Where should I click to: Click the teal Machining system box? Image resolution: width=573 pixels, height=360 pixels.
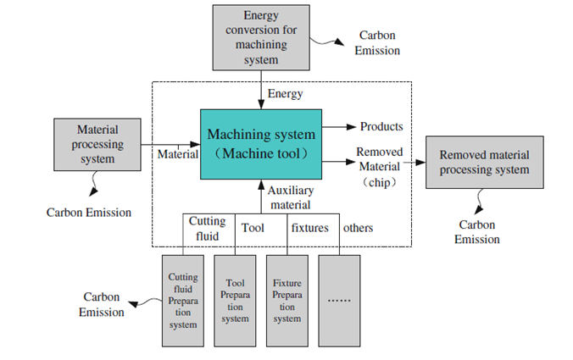pos(260,143)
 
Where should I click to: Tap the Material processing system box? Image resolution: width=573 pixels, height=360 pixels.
pos(97,144)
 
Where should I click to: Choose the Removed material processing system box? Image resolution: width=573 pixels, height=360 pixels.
pos(484,163)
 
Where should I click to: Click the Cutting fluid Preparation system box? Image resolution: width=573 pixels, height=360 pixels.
pos(184,300)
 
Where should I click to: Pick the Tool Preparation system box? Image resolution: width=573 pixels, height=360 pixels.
pos(236,300)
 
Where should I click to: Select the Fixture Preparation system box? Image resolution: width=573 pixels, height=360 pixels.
pos(287,300)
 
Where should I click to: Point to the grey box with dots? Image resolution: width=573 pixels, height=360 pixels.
pos(340,300)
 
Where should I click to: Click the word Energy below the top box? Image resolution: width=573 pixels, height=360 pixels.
pos(286,94)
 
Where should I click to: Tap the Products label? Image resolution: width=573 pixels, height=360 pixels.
pos(381,127)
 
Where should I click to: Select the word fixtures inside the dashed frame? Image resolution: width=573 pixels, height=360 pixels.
pos(309,228)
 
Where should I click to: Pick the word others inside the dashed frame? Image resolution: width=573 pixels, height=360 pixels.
pos(358,228)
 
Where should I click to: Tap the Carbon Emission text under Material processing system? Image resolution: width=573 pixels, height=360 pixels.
pos(89,212)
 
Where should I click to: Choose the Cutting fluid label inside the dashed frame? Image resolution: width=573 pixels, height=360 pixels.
pos(207,228)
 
